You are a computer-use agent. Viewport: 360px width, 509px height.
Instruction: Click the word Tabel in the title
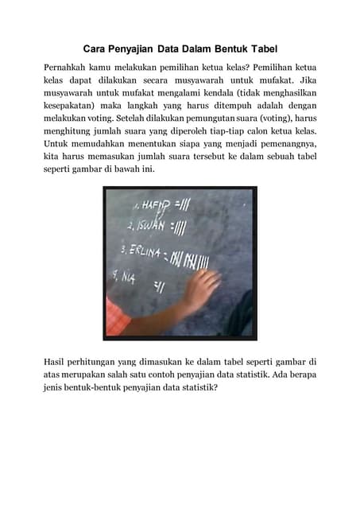pyautogui.click(x=260, y=49)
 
